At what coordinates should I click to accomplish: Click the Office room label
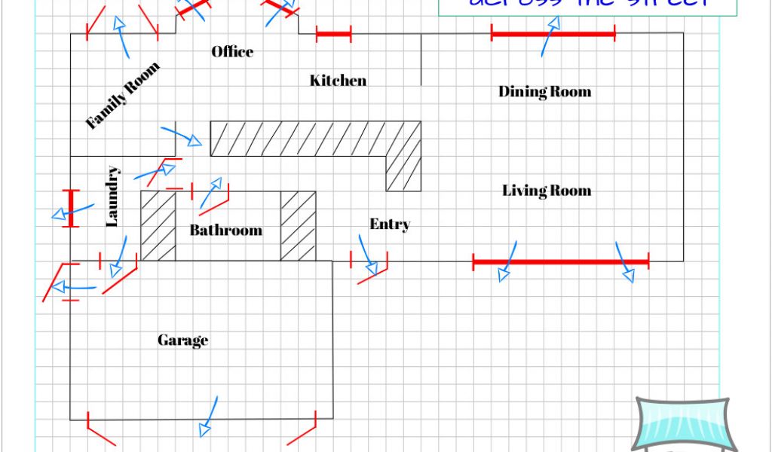tap(232, 52)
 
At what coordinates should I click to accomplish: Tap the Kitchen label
tap(338, 81)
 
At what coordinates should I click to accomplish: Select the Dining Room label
tap(544, 92)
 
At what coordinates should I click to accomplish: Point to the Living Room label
tap(547, 191)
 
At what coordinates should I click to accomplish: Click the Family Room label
tap(123, 96)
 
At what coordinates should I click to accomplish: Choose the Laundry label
tap(112, 197)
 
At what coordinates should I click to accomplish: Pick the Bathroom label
tap(225, 230)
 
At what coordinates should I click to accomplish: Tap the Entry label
tap(390, 224)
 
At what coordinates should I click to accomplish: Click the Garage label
tap(182, 341)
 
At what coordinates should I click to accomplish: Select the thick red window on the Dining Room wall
tap(553, 34)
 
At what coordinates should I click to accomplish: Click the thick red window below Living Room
tap(560, 262)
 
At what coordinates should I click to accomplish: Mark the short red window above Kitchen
tap(333, 34)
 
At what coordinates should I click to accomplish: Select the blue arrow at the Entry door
tap(367, 256)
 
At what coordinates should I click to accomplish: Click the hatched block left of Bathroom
tap(158, 226)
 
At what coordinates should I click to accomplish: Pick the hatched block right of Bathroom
tap(298, 226)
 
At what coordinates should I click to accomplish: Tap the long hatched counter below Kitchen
tap(302, 139)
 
